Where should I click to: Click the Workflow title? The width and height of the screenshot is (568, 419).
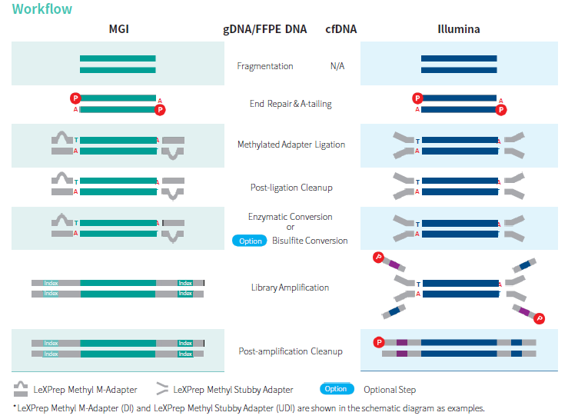(42, 9)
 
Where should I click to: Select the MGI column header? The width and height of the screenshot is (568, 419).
(118, 30)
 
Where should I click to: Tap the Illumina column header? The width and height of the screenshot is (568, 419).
(458, 30)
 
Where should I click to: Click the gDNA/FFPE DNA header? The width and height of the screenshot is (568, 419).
(265, 30)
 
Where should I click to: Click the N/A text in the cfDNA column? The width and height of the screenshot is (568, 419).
(337, 66)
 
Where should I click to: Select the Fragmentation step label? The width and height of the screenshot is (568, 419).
(265, 66)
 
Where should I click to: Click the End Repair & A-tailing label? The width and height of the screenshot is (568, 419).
(291, 104)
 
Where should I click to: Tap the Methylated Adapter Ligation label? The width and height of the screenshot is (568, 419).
(291, 145)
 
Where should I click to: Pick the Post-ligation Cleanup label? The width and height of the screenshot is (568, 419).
(291, 187)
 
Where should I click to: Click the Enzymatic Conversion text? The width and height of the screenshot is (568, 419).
(291, 217)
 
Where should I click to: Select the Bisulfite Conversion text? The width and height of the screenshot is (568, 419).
(310, 241)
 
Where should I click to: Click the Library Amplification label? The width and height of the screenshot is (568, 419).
(291, 288)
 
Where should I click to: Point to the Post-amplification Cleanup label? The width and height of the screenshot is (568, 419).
(291, 351)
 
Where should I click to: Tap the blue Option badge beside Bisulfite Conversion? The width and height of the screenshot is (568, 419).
(250, 241)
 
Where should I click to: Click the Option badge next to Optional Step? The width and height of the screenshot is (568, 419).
(336, 389)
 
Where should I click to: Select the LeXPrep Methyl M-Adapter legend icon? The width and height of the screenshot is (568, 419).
(21, 389)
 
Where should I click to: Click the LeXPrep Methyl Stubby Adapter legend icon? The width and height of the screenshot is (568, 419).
(162, 389)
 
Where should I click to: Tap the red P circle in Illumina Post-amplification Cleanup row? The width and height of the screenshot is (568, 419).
(378, 342)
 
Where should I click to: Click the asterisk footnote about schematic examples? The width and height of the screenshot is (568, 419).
(249, 407)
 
